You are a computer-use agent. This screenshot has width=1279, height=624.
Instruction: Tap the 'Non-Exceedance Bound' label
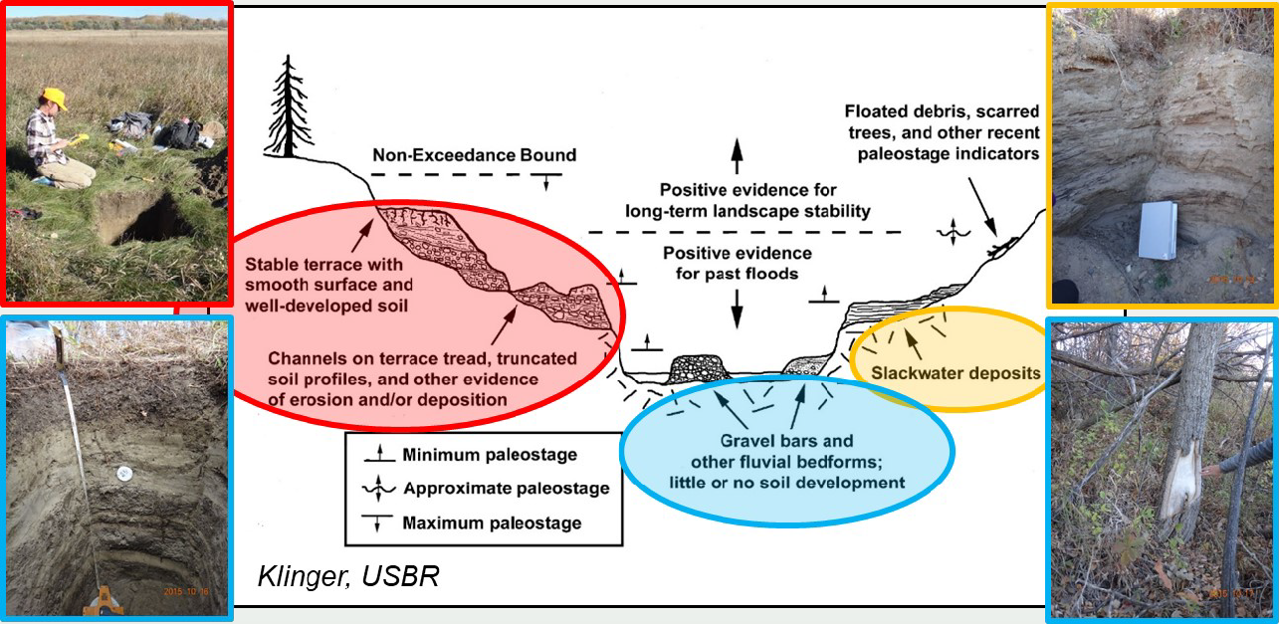coord(474,156)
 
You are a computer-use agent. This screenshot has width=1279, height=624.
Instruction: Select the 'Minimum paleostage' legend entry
coord(489,455)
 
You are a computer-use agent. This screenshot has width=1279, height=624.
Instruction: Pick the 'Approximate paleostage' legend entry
coord(506,489)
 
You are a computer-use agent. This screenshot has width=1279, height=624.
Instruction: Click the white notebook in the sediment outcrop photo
coord(1159,230)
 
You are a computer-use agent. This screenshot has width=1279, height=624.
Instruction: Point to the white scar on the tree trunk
coord(1179,488)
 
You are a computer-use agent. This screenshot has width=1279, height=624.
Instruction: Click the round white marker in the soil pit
coord(124,474)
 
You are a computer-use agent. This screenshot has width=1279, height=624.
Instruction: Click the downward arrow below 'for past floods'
coord(737,308)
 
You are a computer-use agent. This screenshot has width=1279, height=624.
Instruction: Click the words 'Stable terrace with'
coord(322,264)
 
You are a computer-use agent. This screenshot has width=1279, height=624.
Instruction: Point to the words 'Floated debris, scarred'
coord(942,110)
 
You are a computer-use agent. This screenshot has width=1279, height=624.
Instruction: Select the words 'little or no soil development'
coord(786,483)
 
